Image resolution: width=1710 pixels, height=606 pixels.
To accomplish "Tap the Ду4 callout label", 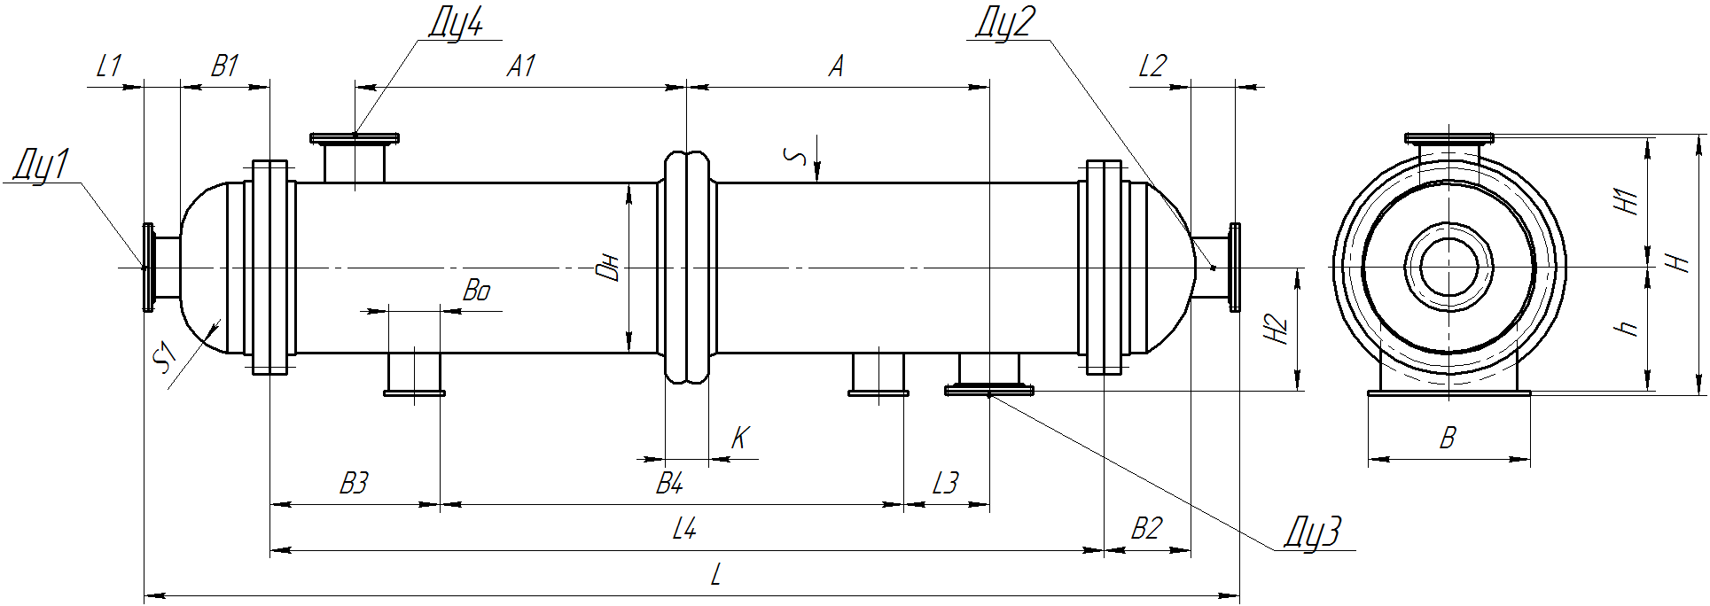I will coord(456,22).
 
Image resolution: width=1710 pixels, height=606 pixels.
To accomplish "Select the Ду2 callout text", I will coord(1004,22).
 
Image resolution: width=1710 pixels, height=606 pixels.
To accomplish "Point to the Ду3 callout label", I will coord(1314,532).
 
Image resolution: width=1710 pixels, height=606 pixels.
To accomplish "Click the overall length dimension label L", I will coord(715,576).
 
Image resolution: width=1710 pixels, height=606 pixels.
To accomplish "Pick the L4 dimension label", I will coord(684,530).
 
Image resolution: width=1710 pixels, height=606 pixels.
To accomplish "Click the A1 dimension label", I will coord(521,66).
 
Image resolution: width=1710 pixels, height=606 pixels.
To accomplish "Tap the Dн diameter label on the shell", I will coord(609,268).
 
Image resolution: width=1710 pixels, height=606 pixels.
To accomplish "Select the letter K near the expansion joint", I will coord(740,438).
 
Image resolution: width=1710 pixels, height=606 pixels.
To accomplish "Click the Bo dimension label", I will coord(477,291).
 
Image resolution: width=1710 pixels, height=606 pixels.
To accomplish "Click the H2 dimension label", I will coord(1276,330).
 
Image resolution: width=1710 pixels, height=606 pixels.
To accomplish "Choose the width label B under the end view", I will coord(1448,438).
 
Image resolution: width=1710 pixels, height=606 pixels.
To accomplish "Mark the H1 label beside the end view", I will coord(1627,201).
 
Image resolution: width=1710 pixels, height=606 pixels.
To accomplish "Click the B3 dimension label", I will coord(354,484).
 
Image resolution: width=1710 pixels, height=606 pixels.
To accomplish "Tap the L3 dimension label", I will coord(946,484).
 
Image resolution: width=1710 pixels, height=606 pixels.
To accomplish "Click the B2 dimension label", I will coord(1146,530).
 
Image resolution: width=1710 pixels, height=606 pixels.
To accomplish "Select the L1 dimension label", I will coord(108,66).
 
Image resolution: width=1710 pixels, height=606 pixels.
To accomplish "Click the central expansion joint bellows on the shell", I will coord(687,268).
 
